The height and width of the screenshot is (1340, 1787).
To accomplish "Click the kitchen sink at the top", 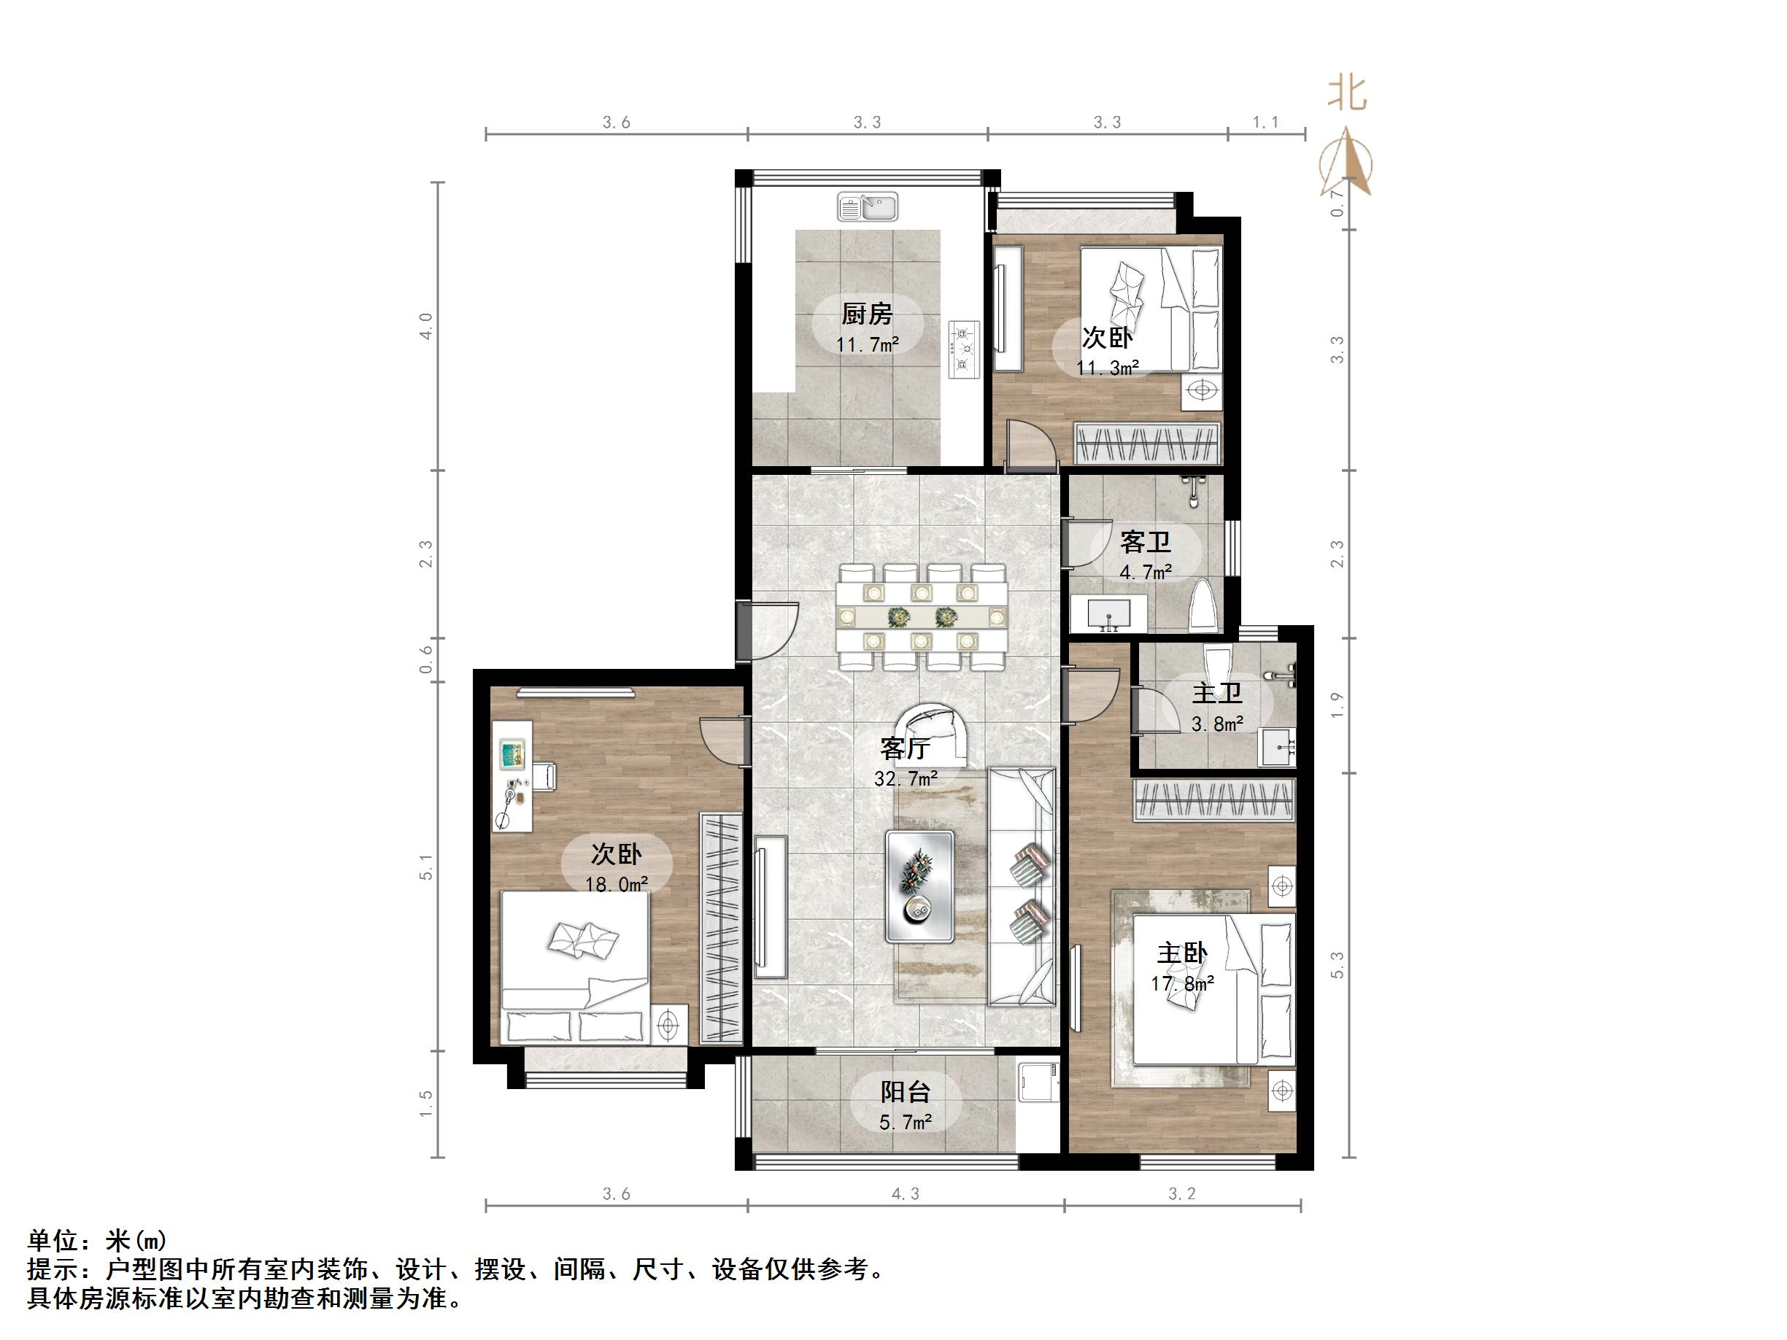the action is click(868, 206).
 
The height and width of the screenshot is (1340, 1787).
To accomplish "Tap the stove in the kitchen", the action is click(963, 349).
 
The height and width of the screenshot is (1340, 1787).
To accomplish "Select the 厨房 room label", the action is click(868, 314).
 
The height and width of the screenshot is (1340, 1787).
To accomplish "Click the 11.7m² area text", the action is click(868, 345).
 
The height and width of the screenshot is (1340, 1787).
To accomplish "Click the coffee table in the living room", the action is click(920, 886).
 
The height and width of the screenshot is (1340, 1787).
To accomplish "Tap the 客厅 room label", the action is click(905, 748).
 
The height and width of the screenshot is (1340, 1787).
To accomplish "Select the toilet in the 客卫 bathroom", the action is click(1203, 605).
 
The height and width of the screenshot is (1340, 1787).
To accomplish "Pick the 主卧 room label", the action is click(1182, 953).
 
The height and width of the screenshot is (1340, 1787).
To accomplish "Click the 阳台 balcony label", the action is click(906, 1092).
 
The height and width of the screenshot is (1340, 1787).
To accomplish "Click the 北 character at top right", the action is click(1347, 93).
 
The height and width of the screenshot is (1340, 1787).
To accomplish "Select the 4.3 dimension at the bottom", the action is click(906, 1194).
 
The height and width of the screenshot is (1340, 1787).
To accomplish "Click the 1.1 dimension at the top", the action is click(1266, 122).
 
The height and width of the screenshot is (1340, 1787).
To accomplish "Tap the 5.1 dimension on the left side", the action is click(427, 867).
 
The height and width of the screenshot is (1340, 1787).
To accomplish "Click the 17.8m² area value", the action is click(1183, 984).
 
